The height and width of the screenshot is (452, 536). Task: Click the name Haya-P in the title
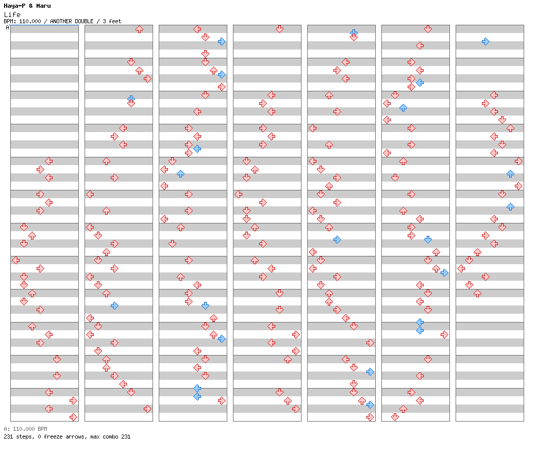click(x=15, y=6)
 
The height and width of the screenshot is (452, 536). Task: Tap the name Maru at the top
click(x=43, y=6)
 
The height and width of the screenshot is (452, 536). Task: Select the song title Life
click(x=12, y=14)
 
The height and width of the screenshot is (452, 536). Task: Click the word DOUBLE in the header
click(x=84, y=21)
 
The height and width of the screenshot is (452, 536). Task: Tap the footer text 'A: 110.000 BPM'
click(x=26, y=429)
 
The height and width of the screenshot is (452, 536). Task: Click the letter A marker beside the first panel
click(x=8, y=27)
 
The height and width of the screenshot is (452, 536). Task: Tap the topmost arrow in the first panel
click(x=49, y=161)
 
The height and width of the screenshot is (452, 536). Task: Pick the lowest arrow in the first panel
click(x=74, y=417)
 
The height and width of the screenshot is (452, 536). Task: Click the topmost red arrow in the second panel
click(x=140, y=29)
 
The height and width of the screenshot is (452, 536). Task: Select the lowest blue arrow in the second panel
click(x=114, y=305)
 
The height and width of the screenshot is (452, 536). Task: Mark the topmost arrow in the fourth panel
click(x=280, y=29)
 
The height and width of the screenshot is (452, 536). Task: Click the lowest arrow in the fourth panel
click(x=296, y=409)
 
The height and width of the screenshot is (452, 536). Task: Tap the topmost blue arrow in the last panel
click(x=485, y=42)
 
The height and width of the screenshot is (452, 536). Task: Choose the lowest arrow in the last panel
click(x=478, y=293)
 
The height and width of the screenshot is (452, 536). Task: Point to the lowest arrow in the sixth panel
click(x=395, y=417)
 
